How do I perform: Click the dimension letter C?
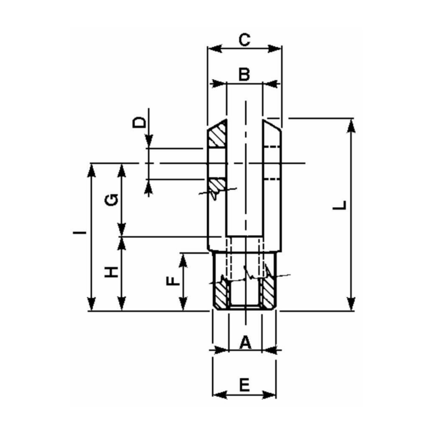tap(244, 39)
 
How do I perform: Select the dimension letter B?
tap(244, 74)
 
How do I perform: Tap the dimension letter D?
tap(141, 122)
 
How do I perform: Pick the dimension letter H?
tap(111, 271)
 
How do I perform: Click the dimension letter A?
tap(244, 342)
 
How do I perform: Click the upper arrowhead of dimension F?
tap(184, 258)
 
